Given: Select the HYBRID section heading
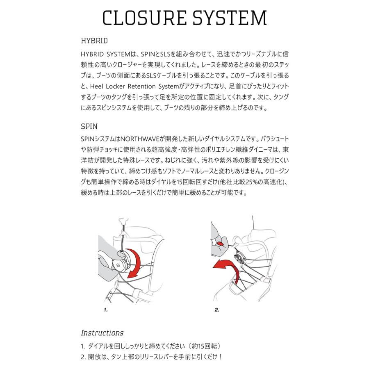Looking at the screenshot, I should click(x=94, y=41).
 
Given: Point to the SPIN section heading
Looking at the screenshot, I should click(x=89, y=126).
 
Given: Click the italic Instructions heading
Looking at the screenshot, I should click(x=102, y=333).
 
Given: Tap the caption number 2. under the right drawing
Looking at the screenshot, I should click(x=217, y=310).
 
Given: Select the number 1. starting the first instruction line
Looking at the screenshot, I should click(x=83, y=346).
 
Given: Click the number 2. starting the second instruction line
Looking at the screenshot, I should click(x=83, y=356).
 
